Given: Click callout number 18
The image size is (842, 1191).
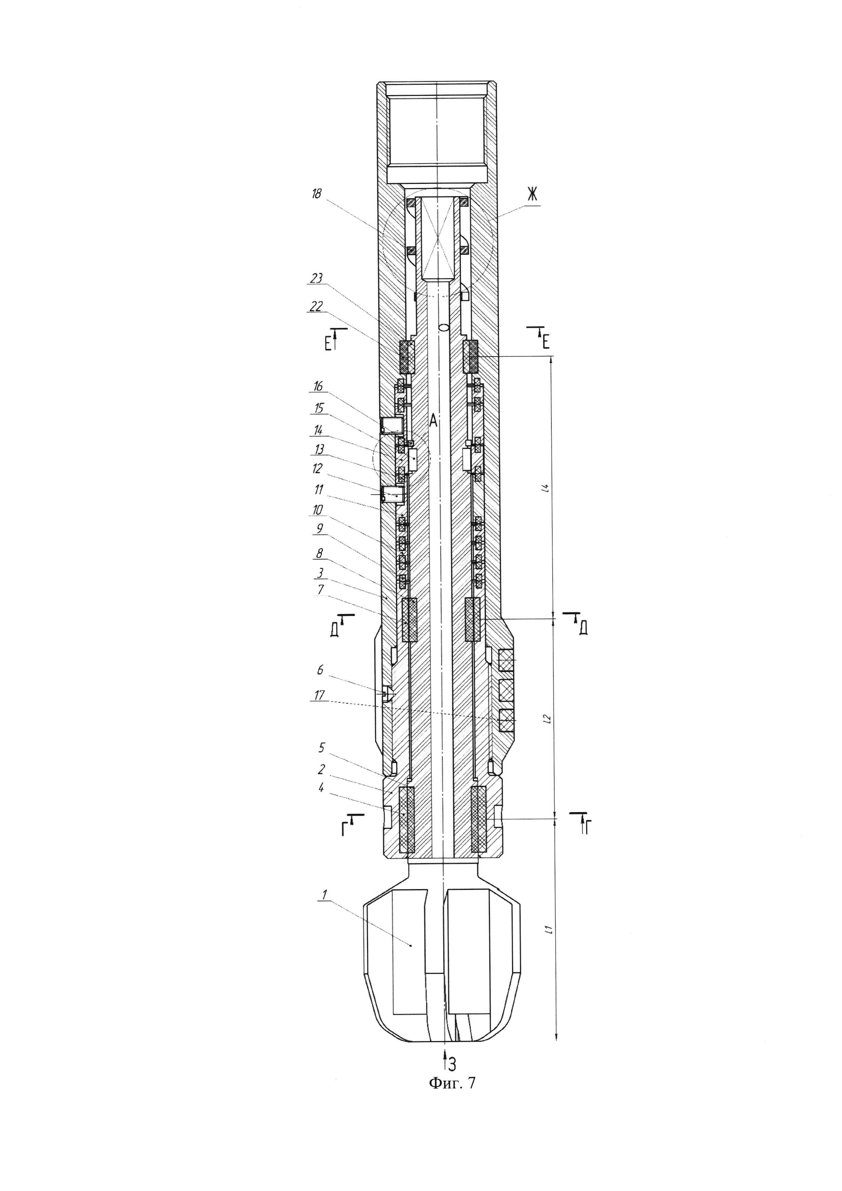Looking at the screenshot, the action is [x=317, y=194].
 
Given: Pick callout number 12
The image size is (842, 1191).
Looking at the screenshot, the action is [x=318, y=468].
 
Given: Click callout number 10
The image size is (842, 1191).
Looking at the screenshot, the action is [x=318, y=510].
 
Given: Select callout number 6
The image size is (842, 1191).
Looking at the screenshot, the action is [x=320, y=670].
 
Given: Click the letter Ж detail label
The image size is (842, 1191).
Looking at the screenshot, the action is [x=532, y=194].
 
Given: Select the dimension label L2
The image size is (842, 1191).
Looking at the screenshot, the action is [x=546, y=719].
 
